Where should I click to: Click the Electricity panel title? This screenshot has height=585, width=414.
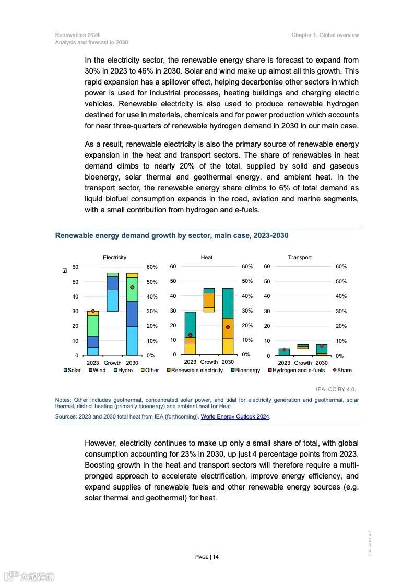tap(114, 257)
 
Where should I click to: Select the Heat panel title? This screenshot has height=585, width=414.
tap(206, 257)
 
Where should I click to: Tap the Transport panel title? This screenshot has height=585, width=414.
tap(300, 257)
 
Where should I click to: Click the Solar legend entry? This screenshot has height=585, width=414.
tap(72, 370)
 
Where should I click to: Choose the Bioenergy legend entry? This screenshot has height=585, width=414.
tap(245, 370)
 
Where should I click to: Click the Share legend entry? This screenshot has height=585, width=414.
tap(342, 370)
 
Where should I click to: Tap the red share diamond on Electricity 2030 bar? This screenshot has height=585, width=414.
tap(132, 287)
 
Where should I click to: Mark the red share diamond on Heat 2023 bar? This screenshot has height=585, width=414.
tap(190, 335)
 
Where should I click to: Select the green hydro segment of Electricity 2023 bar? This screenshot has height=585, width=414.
tap(93, 325)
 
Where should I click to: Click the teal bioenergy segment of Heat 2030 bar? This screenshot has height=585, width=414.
tap(228, 303)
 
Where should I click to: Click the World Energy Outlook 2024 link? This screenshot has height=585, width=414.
tap(235, 417)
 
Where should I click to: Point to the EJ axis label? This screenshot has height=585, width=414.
tap(64, 270)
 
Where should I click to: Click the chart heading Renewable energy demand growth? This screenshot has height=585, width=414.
tap(172, 236)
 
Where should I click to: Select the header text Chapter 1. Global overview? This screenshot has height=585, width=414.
tap(325, 35)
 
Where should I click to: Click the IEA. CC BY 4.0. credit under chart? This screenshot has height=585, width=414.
tap(336, 389)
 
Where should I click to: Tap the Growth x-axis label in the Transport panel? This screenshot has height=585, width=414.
tap(303, 363)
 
